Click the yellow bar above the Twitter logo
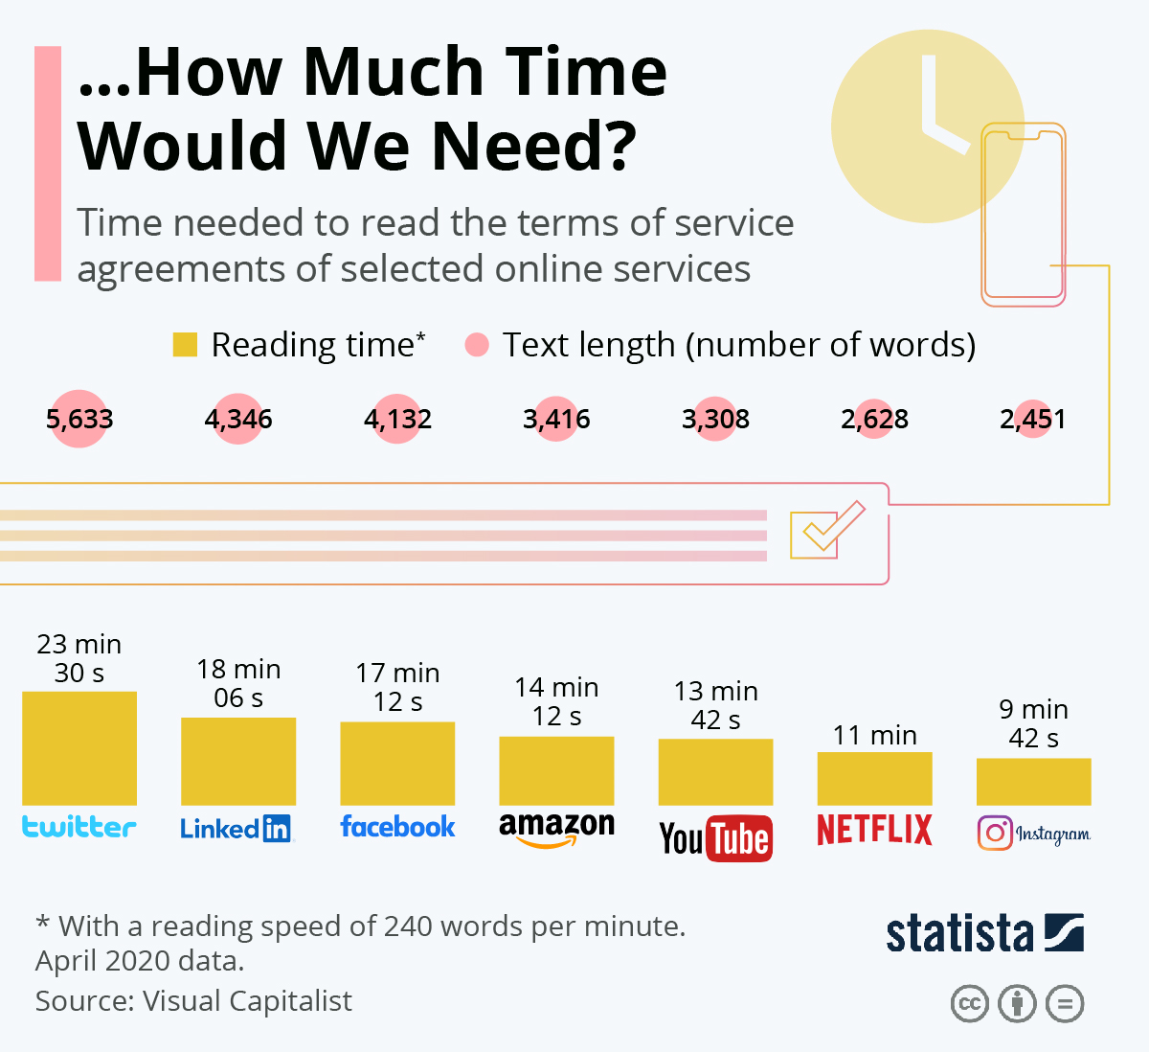pos(79,747)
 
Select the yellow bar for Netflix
pos(874,778)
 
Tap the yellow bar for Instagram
pos(1033,781)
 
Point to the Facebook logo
pos(397,827)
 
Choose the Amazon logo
pos(556,829)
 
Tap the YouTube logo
pos(715,838)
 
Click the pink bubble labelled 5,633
pos(79,419)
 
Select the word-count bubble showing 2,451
pos(1033,419)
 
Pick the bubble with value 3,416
pos(556,419)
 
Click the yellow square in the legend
pos(185,344)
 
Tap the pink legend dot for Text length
pos(476,344)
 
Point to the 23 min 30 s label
pos(79,658)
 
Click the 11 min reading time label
pos(874,735)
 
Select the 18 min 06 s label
pos(238,683)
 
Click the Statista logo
pos(984,933)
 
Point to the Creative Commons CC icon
pos(969,1004)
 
